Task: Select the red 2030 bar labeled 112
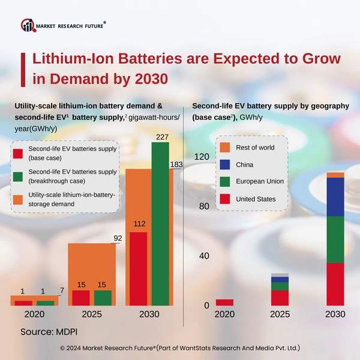pyautogui.click(x=139, y=268)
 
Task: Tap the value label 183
pyautogui.click(x=177, y=164)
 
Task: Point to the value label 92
pyautogui.click(x=118, y=238)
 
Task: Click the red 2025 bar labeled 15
pyautogui.click(x=81, y=298)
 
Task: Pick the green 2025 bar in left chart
pyautogui.click(x=103, y=298)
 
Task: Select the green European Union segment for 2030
pyautogui.click(x=335, y=239)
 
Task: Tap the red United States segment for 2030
pyautogui.click(x=335, y=284)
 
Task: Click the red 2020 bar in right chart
pyautogui.click(x=224, y=302)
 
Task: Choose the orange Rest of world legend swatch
pyautogui.click(x=225, y=147)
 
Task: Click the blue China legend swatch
pyautogui.click(x=225, y=164)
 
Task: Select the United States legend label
pyautogui.click(x=256, y=199)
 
